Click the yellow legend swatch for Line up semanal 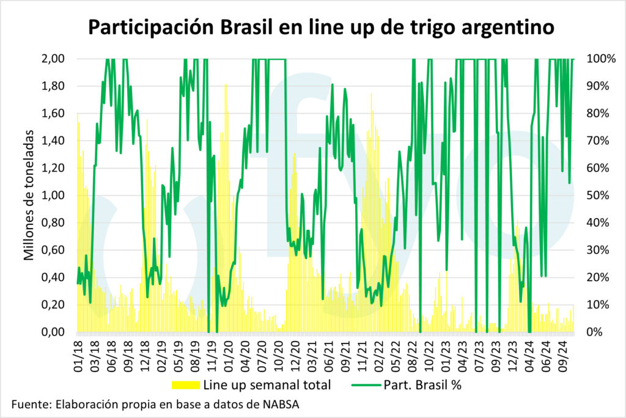tap(185, 385)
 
